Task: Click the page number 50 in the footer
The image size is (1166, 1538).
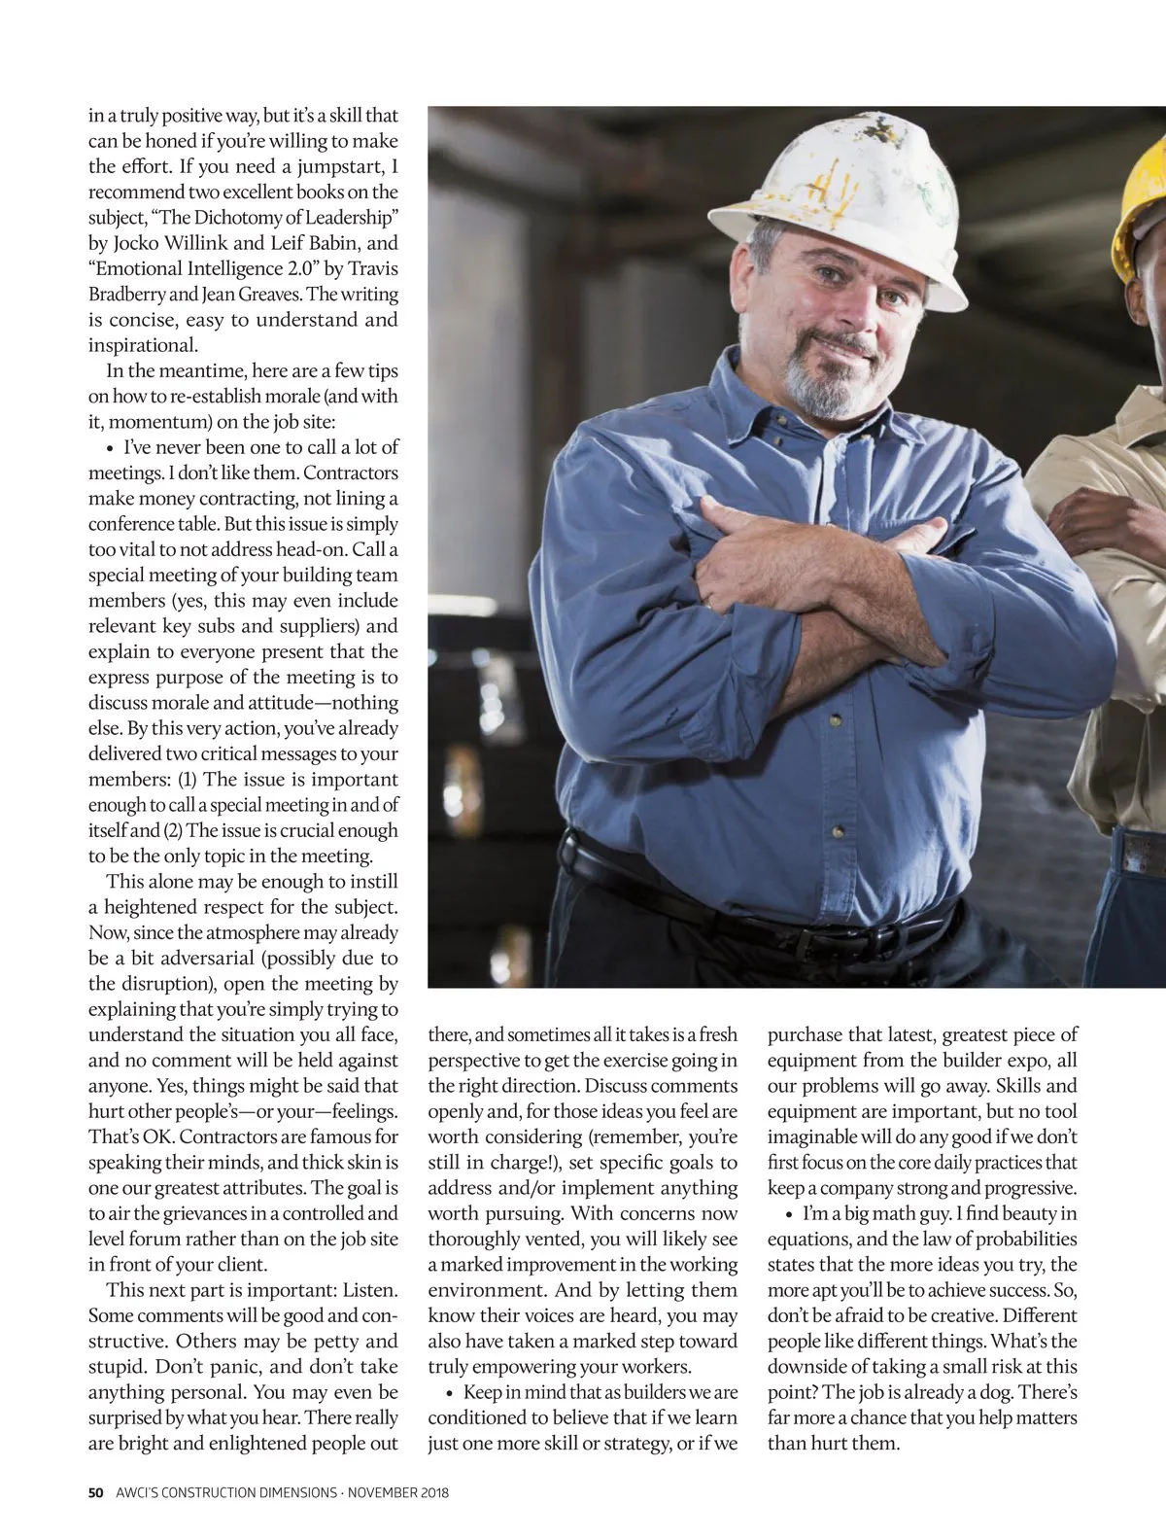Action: [x=95, y=1492]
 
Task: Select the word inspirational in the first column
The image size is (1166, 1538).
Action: [x=142, y=345]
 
